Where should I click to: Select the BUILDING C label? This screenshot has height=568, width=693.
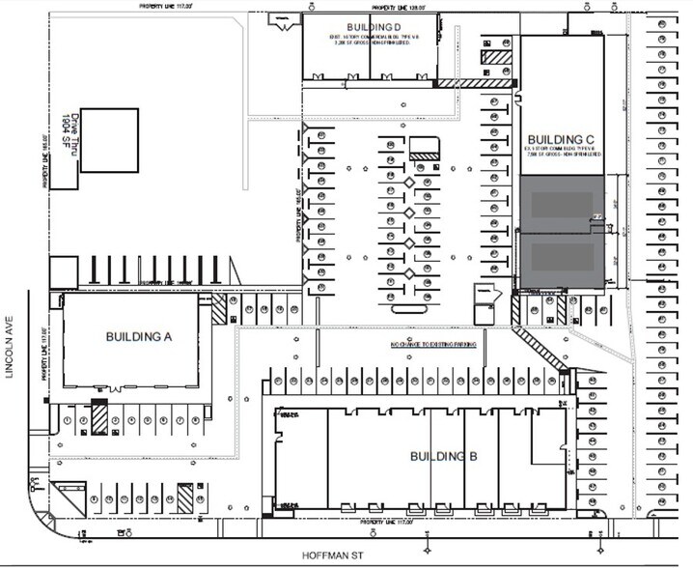click(564, 138)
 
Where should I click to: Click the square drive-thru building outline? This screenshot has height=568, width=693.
click(108, 140)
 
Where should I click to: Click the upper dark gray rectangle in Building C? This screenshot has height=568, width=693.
click(564, 204)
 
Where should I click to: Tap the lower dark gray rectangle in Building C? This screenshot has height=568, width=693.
click(564, 259)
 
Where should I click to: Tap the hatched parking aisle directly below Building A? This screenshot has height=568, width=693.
click(97, 418)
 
